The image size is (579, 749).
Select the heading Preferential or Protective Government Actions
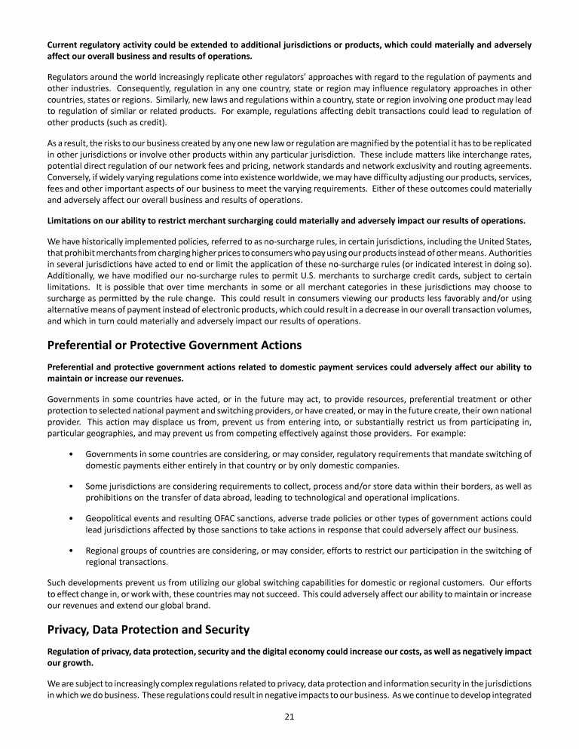click(174, 345)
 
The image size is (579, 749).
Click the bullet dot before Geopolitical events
click(70, 518)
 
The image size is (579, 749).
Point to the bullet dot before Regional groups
click(70, 550)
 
